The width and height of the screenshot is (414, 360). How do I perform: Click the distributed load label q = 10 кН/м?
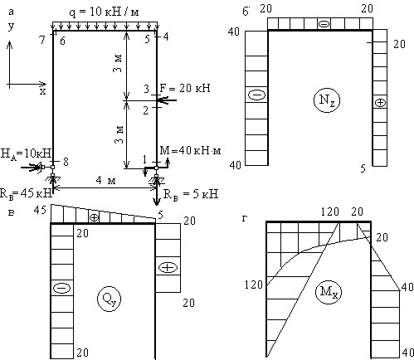pyautogui.click(x=104, y=12)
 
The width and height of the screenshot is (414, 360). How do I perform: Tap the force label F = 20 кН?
pyautogui.click(x=185, y=88)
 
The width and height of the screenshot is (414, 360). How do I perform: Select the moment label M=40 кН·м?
pyautogui.click(x=190, y=150)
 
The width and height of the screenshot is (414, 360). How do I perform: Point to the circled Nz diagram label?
pyautogui.click(x=327, y=100)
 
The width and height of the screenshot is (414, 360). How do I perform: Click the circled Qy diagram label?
pyautogui.click(x=109, y=299)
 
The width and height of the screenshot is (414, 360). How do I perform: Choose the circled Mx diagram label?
pyautogui.click(x=329, y=292)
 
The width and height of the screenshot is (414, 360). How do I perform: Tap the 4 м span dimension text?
pyautogui.click(x=105, y=181)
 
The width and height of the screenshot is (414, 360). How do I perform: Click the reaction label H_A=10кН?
pyautogui.click(x=26, y=153)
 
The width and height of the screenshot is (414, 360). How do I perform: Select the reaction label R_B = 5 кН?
pyautogui.click(x=191, y=194)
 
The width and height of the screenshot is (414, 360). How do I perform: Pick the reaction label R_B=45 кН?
pyautogui.click(x=26, y=193)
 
